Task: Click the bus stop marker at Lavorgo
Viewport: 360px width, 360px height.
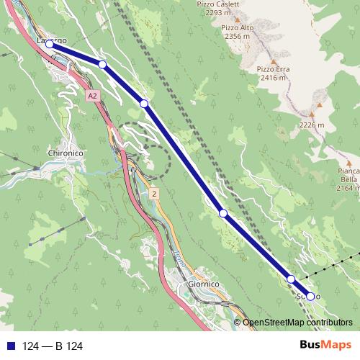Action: pyautogui.click(x=50, y=45)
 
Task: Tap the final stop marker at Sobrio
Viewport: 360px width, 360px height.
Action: pyautogui.click(x=310, y=296)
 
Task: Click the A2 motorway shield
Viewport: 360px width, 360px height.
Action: pyautogui.click(x=92, y=95)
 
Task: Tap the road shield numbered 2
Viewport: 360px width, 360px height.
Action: pyautogui.click(x=153, y=194)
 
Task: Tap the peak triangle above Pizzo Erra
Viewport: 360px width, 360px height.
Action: pyautogui.click(x=274, y=59)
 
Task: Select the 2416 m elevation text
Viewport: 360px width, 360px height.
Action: pyautogui.click(x=273, y=78)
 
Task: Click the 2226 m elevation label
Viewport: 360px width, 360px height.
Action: pyautogui.click(x=312, y=124)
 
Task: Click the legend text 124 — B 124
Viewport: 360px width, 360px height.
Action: pyautogui.click(x=53, y=346)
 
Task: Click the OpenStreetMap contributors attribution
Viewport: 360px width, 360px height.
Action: pyautogui.click(x=298, y=323)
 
